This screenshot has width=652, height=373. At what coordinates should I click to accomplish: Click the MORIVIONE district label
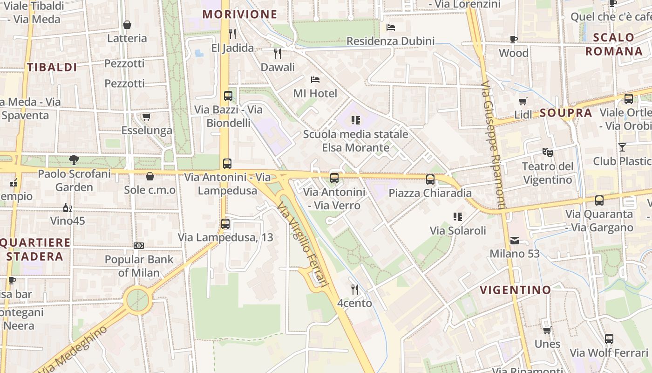click(x=240, y=14)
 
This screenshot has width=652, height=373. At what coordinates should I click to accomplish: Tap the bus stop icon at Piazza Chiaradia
click(x=430, y=179)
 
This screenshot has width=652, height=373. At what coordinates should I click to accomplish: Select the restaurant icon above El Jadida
click(x=232, y=34)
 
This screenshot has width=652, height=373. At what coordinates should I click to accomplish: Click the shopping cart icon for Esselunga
click(x=147, y=117)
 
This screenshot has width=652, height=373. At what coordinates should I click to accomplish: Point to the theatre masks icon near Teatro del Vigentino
click(x=547, y=152)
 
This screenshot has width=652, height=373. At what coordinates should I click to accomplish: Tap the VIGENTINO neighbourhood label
click(x=516, y=290)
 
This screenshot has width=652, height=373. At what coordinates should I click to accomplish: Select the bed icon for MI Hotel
click(x=315, y=80)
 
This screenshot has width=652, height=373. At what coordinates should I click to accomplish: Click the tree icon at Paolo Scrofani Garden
click(x=74, y=160)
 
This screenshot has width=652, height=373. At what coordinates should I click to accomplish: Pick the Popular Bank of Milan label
click(x=139, y=266)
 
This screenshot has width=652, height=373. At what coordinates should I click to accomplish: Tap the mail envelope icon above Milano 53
click(x=515, y=241)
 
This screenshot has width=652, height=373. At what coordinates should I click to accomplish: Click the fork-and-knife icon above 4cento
click(x=355, y=290)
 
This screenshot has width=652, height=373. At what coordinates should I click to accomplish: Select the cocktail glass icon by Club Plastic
click(x=622, y=147)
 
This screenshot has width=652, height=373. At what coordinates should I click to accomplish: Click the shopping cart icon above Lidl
click(x=523, y=101)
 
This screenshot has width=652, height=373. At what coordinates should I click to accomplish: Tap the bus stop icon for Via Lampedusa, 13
click(x=225, y=223)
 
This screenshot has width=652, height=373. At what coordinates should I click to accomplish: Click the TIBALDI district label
click(x=52, y=67)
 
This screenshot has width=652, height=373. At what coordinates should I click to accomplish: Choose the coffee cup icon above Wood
click(x=514, y=39)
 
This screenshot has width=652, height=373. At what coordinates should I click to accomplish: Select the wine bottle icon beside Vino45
click(x=68, y=207)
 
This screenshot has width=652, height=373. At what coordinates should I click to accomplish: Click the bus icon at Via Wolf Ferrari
click(x=609, y=339)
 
